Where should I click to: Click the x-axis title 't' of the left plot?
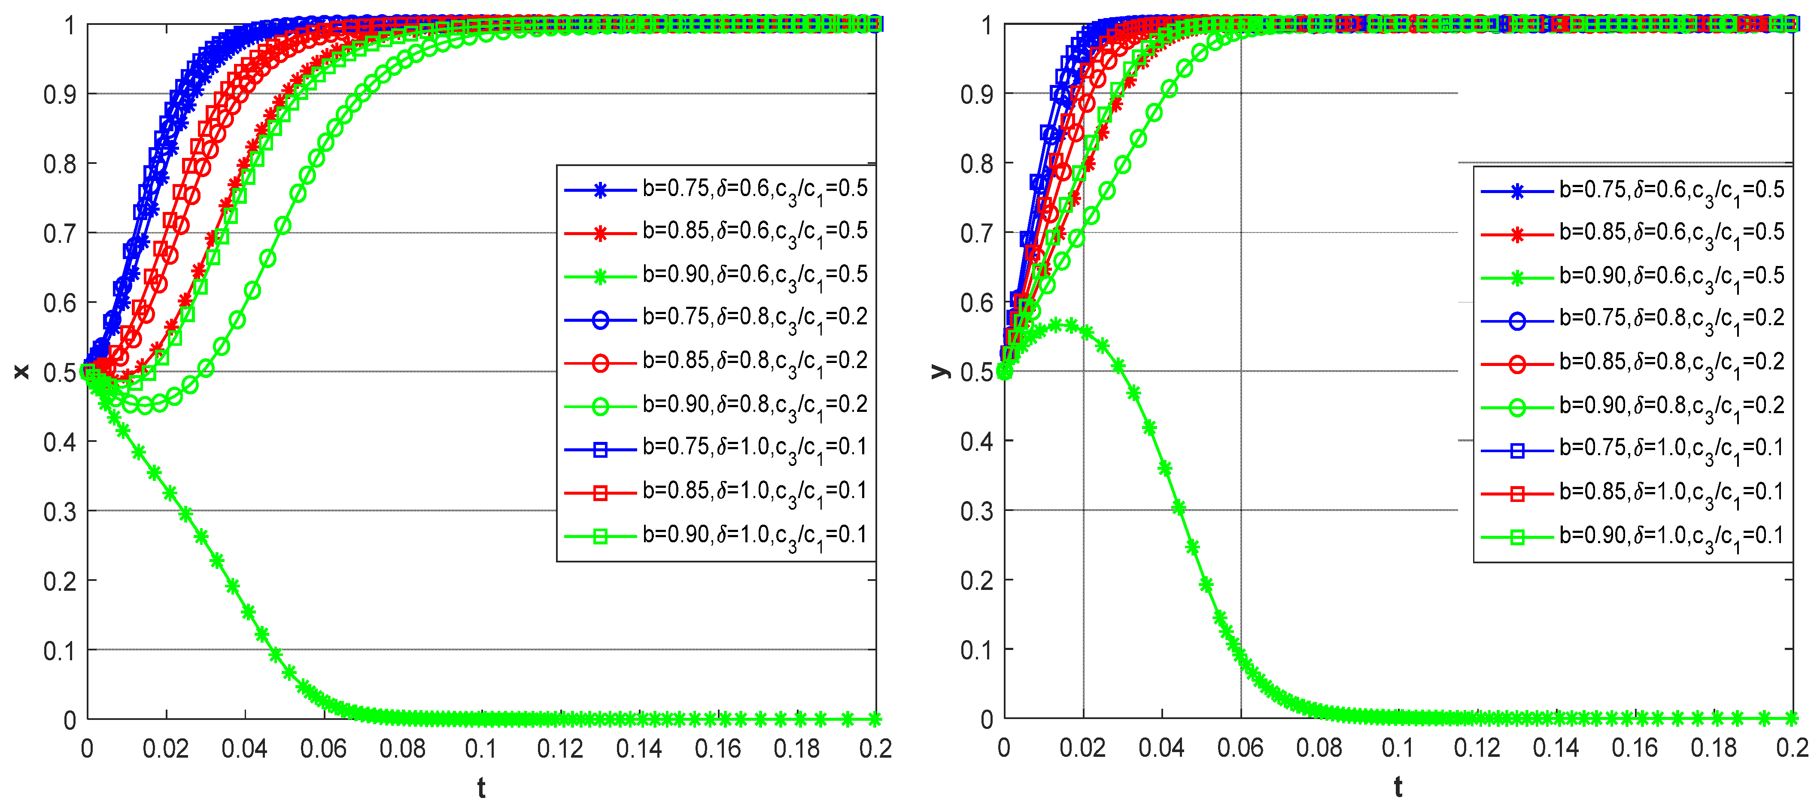[x=481, y=787]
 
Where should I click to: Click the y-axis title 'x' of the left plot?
[x=21, y=372]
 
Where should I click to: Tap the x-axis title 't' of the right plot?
[x=1398, y=787]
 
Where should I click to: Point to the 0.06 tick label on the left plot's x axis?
[x=324, y=749]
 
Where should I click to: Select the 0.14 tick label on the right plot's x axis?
[x=1556, y=749]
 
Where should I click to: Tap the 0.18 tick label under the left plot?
[x=797, y=749]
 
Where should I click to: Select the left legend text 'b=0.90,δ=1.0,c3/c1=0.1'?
[x=754, y=536]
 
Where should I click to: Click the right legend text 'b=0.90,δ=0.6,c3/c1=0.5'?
[x=1671, y=277]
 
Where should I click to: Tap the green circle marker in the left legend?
[x=600, y=407]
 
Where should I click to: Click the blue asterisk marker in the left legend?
[x=600, y=190]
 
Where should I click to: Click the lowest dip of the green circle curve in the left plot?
[x=145, y=405]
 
